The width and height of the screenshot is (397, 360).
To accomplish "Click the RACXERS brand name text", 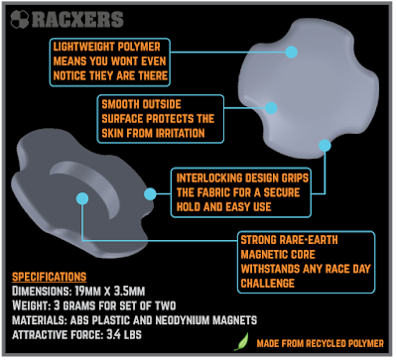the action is click(x=77, y=20).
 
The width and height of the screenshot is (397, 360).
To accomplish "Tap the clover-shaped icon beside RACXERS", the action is click(x=20, y=19).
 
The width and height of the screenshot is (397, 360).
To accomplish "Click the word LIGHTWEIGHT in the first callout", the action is click(x=82, y=47).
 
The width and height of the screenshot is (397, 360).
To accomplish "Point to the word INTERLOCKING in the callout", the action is click(x=210, y=178).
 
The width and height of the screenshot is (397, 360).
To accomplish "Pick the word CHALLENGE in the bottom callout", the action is click(x=268, y=284).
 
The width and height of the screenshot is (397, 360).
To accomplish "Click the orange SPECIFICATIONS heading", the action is click(x=50, y=277).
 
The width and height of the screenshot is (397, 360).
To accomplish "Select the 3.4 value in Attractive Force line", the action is click(x=113, y=334).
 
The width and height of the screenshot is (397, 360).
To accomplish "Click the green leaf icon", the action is click(x=241, y=342).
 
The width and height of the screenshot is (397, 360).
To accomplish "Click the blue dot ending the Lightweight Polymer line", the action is click(x=291, y=52).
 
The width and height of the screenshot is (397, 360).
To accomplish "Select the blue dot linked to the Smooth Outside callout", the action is click(x=271, y=108).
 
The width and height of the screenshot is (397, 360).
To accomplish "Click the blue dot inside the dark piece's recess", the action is click(x=82, y=198).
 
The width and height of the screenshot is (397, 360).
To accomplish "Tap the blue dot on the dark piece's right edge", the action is click(x=150, y=194).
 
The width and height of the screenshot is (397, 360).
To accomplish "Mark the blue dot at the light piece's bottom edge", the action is click(x=325, y=146).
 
